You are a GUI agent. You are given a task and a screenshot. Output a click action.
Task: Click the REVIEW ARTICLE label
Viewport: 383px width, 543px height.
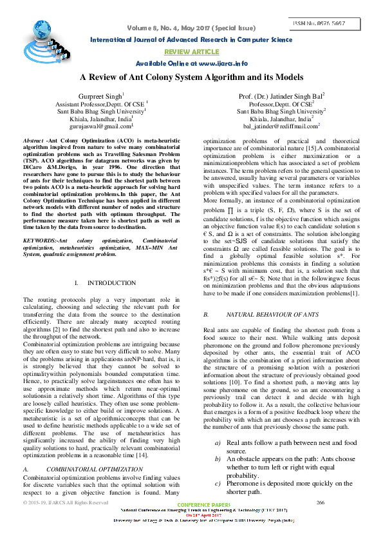[191, 51]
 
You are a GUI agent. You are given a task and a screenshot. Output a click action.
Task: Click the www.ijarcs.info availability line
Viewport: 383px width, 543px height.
[192, 63]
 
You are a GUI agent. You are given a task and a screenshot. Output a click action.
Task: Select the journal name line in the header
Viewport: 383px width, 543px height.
[191, 39]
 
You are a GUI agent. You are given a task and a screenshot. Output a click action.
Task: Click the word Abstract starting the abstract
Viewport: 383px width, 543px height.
[33, 140]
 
